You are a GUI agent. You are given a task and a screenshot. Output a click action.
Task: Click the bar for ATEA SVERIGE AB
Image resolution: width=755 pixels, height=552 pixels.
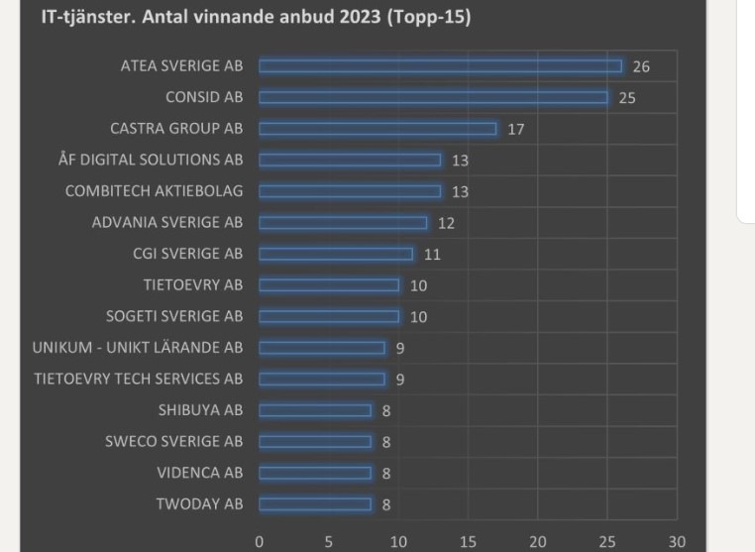point(440,66)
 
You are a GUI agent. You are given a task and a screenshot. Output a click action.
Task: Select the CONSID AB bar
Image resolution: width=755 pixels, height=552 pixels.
point(433,98)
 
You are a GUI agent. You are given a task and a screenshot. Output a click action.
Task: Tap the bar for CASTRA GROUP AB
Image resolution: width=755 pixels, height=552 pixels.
point(377,129)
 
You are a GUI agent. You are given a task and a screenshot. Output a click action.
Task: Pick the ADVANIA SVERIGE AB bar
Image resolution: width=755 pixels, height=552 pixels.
point(343,223)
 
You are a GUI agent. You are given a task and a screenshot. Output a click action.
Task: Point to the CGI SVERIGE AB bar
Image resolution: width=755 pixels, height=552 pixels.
point(336,254)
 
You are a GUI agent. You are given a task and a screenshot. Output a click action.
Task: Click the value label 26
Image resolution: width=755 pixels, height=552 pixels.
point(641,66)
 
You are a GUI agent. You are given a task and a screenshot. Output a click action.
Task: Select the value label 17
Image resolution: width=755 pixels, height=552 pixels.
point(515,129)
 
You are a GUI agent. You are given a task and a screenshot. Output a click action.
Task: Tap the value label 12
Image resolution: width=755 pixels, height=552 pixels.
point(446,223)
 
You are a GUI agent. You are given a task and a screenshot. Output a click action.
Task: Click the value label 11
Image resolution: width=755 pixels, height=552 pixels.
point(432,254)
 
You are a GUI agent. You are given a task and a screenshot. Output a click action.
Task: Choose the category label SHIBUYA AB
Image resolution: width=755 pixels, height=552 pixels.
point(200,410)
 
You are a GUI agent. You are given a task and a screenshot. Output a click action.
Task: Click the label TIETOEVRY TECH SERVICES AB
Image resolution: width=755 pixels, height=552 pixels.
point(138,379)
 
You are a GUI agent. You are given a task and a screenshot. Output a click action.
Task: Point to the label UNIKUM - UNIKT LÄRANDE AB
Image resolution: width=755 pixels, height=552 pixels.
point(137,348)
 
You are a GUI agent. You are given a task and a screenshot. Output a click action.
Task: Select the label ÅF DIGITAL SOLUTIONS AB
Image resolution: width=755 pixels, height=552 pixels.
point(151,161)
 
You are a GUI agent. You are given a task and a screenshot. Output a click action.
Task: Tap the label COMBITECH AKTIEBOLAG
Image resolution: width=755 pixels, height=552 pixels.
point(154,191)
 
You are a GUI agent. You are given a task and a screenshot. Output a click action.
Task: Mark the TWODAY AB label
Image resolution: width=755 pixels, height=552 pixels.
point(199,504)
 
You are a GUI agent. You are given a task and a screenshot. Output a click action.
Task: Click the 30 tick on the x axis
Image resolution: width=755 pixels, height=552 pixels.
point(677,542)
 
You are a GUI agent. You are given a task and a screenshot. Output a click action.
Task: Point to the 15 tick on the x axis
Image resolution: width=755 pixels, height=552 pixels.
point(468,542)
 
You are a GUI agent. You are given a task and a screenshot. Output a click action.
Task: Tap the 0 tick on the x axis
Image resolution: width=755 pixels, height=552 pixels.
point(260,542)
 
